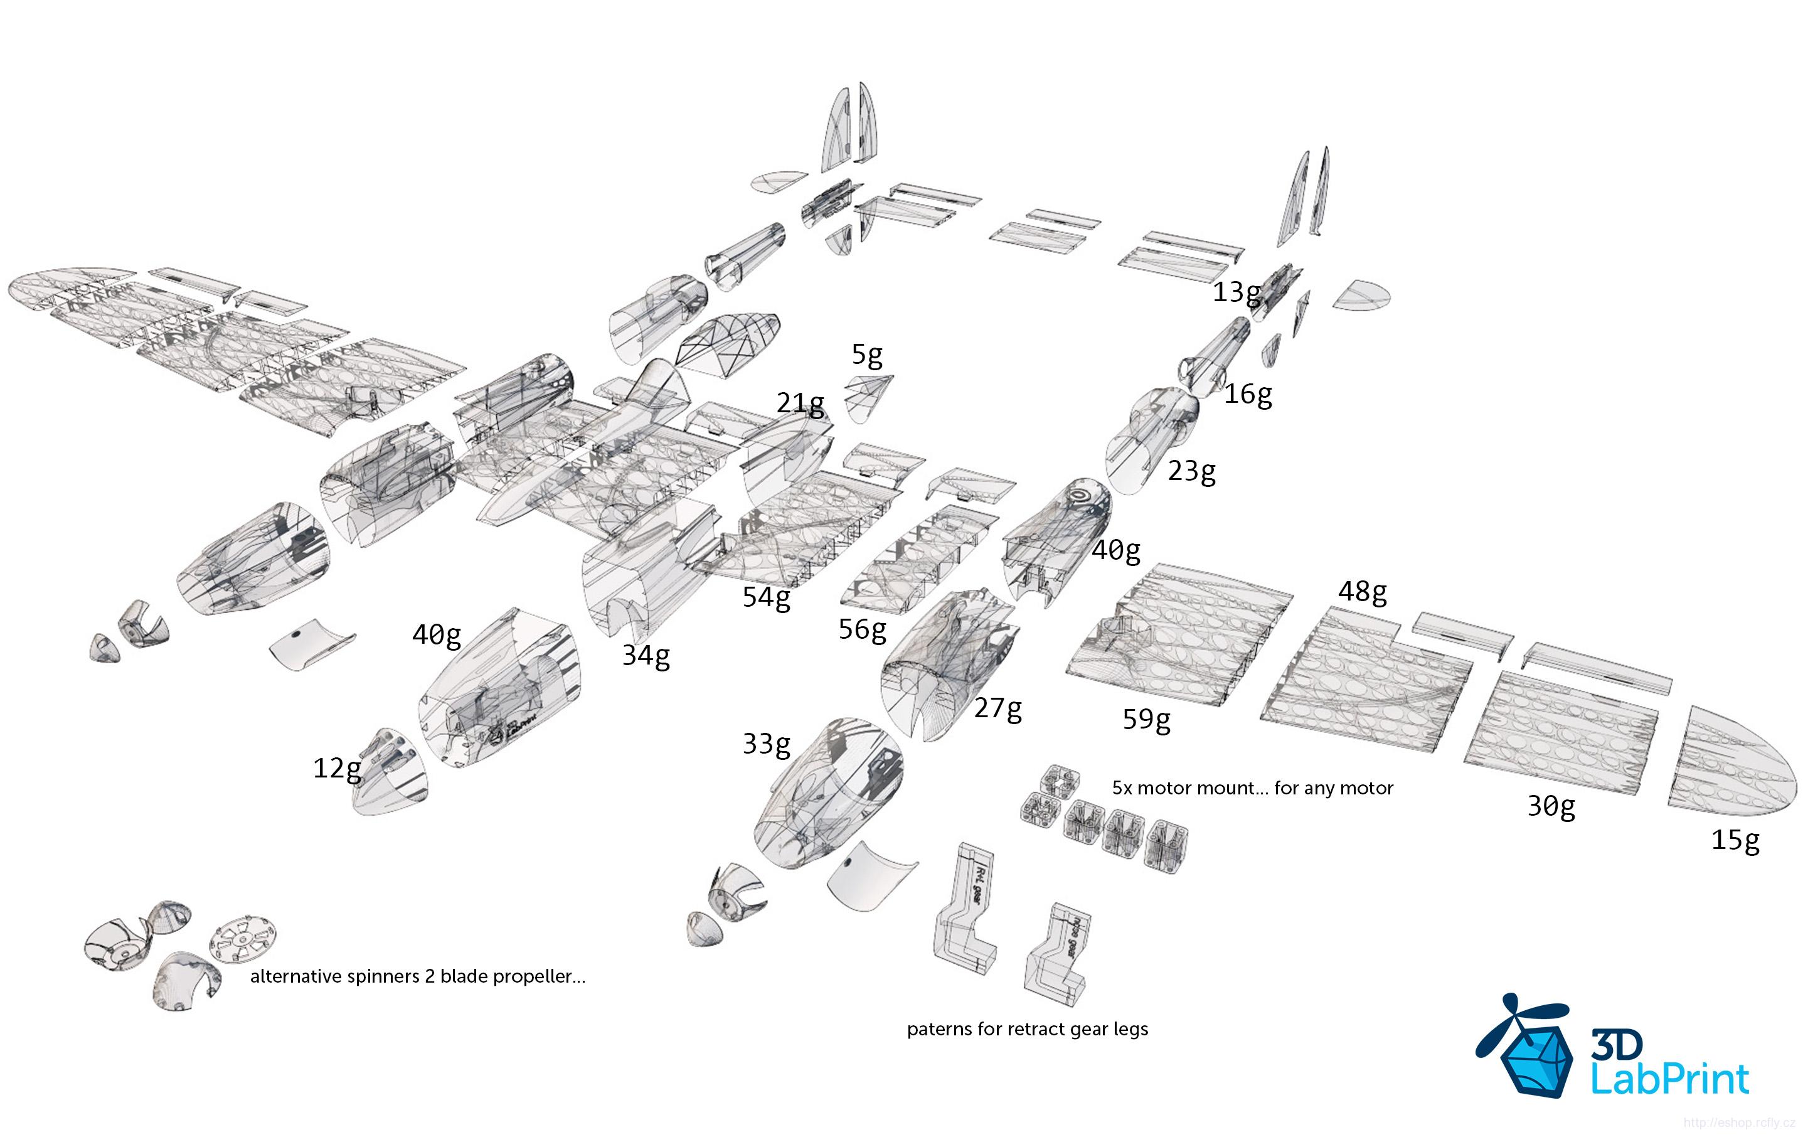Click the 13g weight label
click(1237, 292)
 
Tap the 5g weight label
click(866, 355)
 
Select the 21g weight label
click(800, 403)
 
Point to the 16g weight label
click(1247, 394)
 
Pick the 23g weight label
click(1191, 471)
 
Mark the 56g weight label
click(862, 630)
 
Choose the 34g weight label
click(646, 656)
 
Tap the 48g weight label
click(1362, 592)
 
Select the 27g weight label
click(997, 708)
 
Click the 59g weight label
click(1146, 720)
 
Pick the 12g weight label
click(337, 769)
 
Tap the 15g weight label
click(1735, 840)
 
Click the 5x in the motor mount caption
click(1122, 788)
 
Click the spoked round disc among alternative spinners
click(243, 941)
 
